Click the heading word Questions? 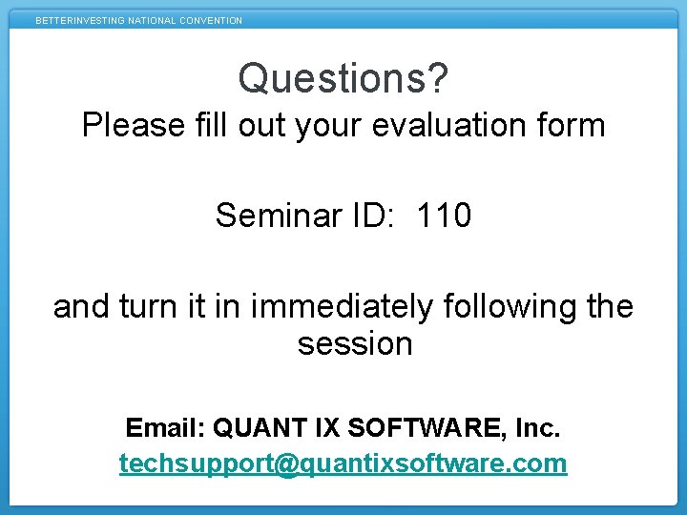[x=343, y=79]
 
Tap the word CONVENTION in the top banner [x=210, y=20]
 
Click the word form [x=570, y=125]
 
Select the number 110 [x=444, y=216]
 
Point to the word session [x=355, y=343]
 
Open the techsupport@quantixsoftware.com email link [x=343, y=463]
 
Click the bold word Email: [x=166, y=429]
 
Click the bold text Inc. [x=537, y=429]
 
